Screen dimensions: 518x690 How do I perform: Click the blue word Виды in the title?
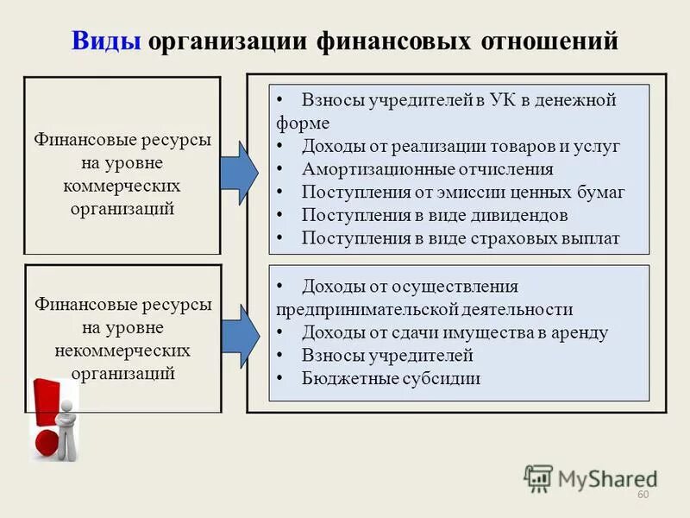coord(107,41)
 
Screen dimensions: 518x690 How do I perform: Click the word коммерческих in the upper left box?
coord(122,186)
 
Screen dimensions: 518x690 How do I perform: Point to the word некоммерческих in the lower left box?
coord(122,351)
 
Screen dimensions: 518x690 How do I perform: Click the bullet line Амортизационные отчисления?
coord(427,170)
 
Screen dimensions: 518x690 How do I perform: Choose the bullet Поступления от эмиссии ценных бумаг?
coord(462,193)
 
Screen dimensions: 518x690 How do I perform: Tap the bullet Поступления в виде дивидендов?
coord(434,216)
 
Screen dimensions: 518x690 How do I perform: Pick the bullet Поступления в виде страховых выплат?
coord(460,239)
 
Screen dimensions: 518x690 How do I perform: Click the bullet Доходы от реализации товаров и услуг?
coord(460,147)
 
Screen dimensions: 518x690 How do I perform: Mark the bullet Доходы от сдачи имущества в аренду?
coord(455,332)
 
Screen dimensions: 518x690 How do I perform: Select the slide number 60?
coord(642,494)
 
